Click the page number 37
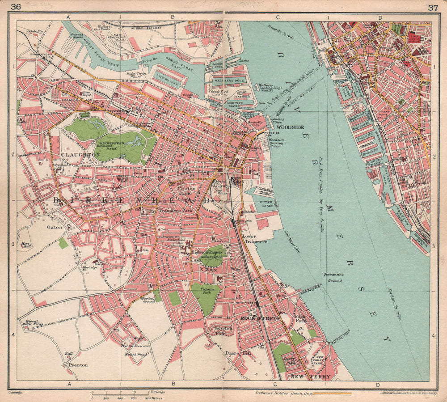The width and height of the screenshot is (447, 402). point(432,7)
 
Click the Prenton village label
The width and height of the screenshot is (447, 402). point(78,364)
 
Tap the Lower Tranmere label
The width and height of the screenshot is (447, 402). point(254,238)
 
